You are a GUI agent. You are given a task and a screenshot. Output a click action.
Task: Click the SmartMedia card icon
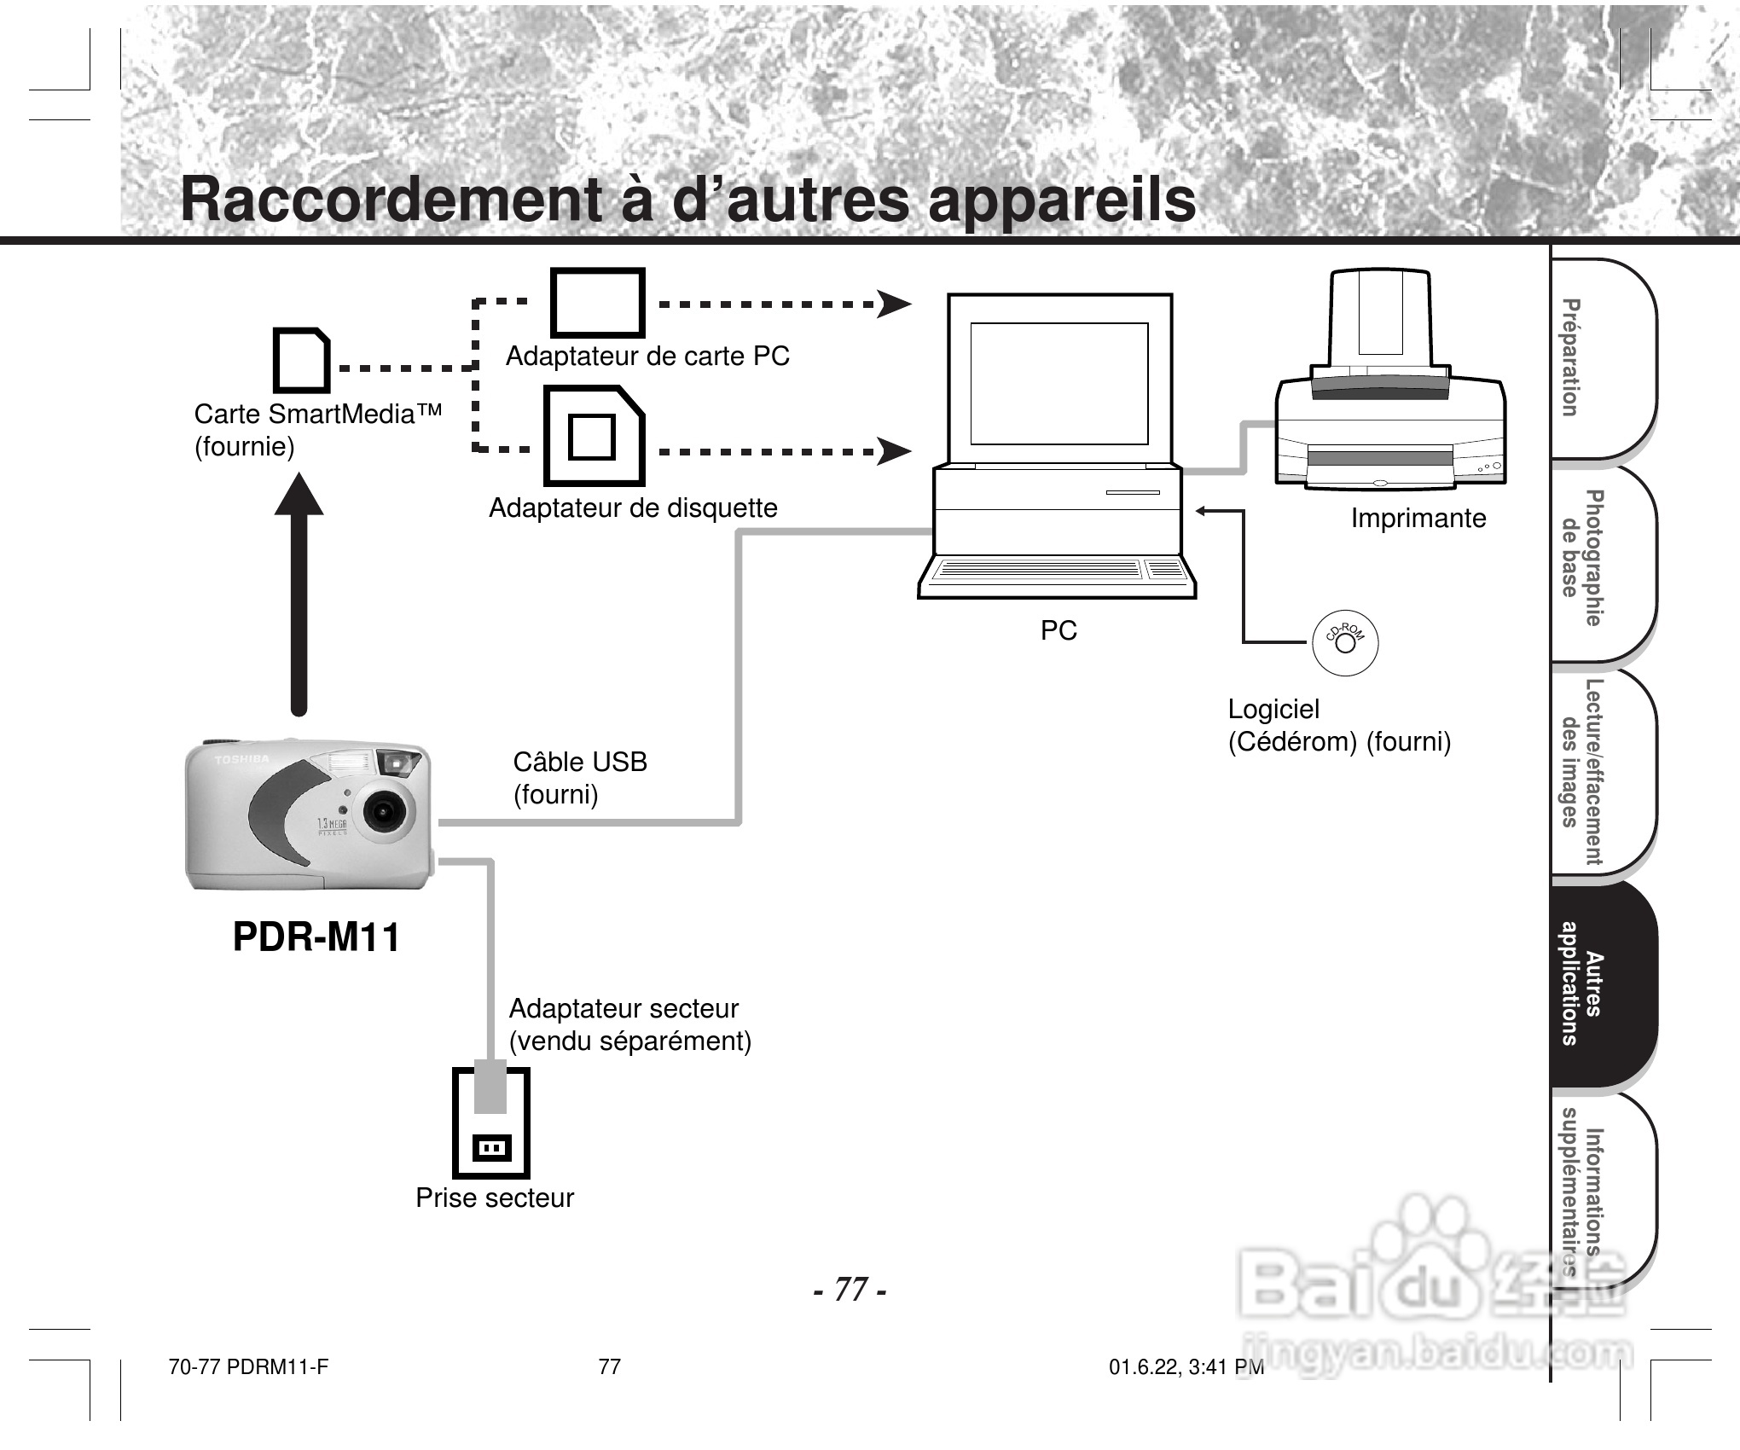301,360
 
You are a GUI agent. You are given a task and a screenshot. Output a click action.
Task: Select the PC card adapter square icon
597,303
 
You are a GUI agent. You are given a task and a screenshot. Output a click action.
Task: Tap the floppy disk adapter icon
594,436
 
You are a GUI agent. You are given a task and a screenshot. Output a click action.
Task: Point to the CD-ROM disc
1345,643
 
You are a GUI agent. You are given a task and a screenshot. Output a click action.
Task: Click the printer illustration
1390,380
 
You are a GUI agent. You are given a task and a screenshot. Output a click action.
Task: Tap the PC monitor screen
1059,384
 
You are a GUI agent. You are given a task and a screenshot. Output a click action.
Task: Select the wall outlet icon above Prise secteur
490,1122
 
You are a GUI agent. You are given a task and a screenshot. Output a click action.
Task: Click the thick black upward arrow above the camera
299,594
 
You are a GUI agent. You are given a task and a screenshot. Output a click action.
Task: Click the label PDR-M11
316,937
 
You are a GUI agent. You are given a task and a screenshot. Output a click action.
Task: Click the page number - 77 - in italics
850,1290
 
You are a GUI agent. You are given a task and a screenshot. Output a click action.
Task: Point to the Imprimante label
1418,519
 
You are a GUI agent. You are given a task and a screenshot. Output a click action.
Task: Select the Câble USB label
580,762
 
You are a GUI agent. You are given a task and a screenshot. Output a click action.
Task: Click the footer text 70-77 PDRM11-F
248,1367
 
